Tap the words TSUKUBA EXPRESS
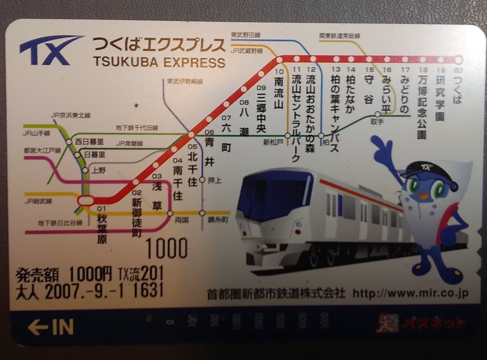(159, 62)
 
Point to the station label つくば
(458, 91)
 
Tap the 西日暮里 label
(89, 141)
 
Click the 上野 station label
(98, 170)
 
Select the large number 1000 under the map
(166, 248)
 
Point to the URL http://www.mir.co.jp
(410, 294)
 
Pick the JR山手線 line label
(37, 133)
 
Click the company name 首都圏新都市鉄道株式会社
(276, 294)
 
